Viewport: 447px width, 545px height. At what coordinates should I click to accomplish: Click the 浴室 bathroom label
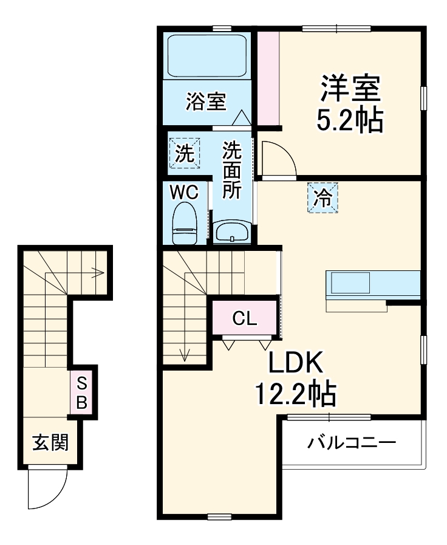pyautogui.click(x=206, y=101)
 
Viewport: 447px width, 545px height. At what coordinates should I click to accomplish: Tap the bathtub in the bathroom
pyautogui.click(x=206, y=55)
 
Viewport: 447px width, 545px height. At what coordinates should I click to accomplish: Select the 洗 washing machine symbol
pyautogui.click(x=183, y=154)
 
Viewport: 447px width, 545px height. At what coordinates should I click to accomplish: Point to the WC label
pyautogui.click(x=184, y=192)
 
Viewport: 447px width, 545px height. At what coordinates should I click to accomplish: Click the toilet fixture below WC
pyautogui.click(x=184, y=223)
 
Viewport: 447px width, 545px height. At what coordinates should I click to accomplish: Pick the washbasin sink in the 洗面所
pyautogui.click(x=231, y=231)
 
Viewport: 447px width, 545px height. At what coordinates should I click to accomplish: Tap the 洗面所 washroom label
pyautogui.click(x=231, y=170)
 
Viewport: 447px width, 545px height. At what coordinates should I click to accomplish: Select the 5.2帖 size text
pyautogui.click(x=350, y=120)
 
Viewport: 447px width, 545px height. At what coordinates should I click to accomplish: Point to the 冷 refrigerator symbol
pyautogui.click(x=322, y=197)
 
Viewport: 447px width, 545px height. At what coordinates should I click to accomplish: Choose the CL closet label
pyautogui.click(x=245, y=318)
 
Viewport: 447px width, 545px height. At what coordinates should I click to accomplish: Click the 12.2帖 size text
pyautogui.click(x=294, y=396)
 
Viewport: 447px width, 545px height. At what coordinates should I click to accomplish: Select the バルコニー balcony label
pyautogui.click(x=351, y=442)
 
